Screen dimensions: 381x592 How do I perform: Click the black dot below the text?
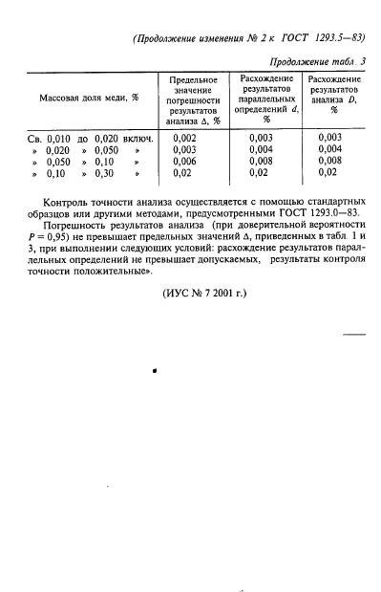point(154,366)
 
